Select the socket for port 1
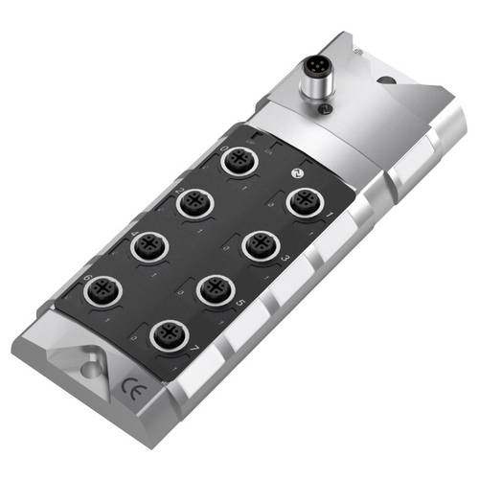(305, 203)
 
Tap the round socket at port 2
(194, 203)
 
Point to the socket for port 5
(216, 289)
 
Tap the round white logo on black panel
(295, 173)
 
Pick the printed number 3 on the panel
(286, 259)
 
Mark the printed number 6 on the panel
(88, 277)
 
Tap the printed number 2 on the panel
(180, 190)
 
